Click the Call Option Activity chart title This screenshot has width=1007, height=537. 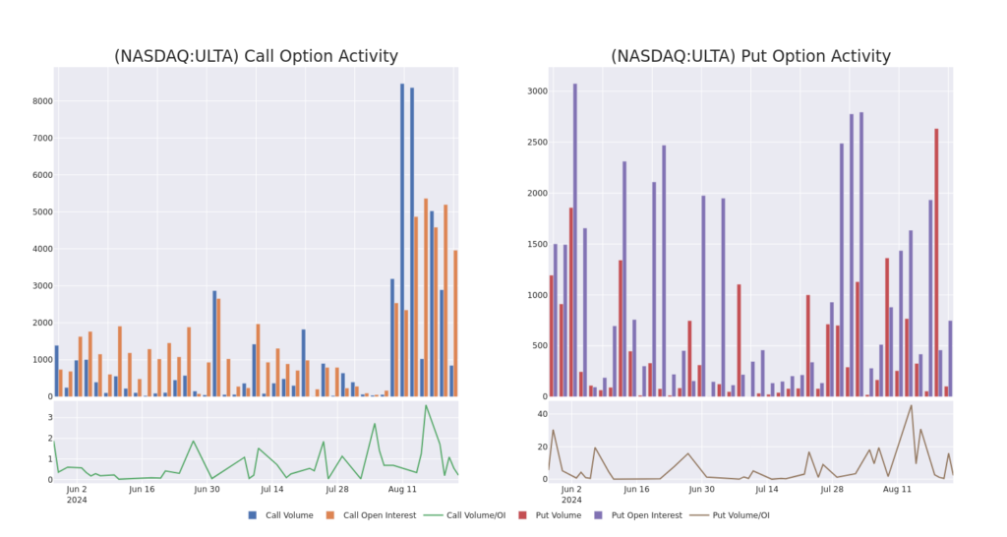click(x=256, y=56)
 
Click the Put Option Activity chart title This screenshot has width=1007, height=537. click(x=750, y=56)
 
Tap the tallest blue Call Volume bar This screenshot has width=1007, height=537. click(x=402, y=236)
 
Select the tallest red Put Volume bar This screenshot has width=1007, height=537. click(x=936, y=261)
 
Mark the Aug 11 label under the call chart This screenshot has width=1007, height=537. click(x=403, y=488)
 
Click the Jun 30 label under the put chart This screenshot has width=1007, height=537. click(x=702, y=488)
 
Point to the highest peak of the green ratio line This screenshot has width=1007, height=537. click(x=426, y=405)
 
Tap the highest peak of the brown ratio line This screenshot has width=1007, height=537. click(x=912, y=405)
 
